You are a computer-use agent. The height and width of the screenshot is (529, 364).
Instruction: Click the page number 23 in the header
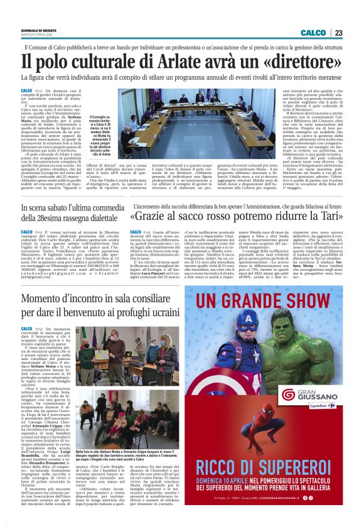[x=339, y=33]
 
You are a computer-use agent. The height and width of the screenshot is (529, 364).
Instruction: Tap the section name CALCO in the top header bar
[x=313, y=33]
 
